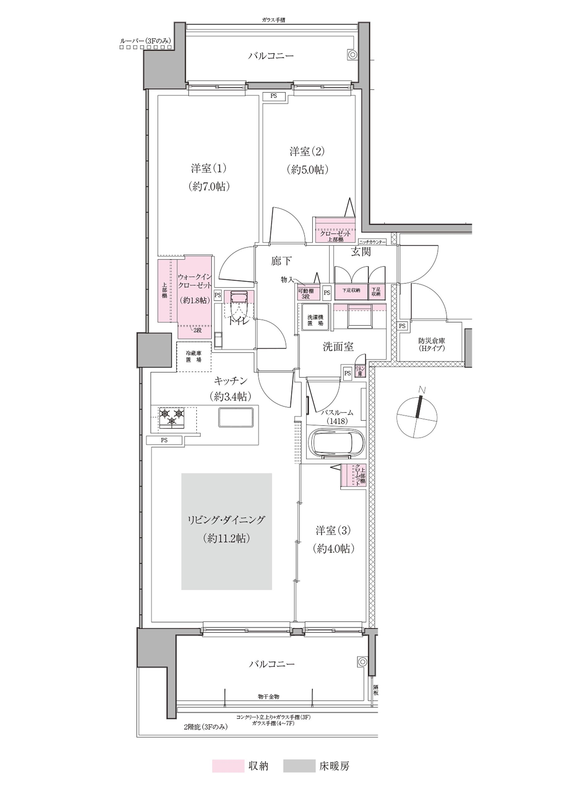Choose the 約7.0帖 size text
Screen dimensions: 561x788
(210, 187)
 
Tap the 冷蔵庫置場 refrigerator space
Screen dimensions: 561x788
(194, 357)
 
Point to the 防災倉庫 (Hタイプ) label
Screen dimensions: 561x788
(431, 344)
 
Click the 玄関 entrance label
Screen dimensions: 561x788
(361, 252)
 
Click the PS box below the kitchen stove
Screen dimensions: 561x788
(164, 440)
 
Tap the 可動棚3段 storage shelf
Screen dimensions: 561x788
(306, 294)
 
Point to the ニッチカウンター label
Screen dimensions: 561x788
(372, 242)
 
